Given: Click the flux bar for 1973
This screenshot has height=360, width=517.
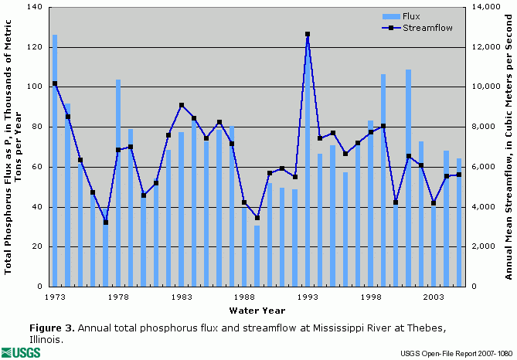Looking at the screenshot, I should tap(55, 155).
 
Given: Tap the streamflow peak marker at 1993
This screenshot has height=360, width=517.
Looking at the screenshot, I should tap(308, 34).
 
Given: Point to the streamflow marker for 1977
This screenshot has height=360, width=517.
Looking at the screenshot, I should tap(105, 222).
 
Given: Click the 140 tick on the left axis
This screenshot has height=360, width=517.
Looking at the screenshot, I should tap(33, 7).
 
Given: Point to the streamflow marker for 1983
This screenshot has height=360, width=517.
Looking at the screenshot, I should tap(181, 105).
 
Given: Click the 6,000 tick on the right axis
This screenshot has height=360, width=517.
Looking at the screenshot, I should tap(485, 167).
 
